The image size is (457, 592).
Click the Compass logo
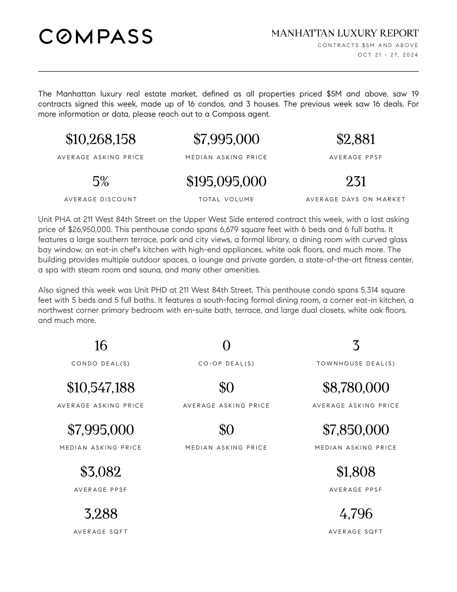(x=96, y=36)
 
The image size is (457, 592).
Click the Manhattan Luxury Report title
(x=345, y=33)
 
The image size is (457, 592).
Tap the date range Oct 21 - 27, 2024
(x=388, y=55)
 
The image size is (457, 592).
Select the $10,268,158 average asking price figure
(x=101, y=139)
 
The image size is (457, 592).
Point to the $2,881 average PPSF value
(x=356, y=139)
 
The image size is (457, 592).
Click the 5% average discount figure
(x=101, y=181)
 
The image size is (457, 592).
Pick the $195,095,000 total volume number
(x=226, y=181)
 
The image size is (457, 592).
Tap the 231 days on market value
(x=356, y=181)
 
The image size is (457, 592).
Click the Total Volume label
(x=226, y=199)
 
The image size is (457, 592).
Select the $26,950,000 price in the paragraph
(x=89, y=230)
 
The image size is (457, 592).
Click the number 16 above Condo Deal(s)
(x=101, y=346)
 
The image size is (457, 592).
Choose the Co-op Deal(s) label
(x=226, y=364)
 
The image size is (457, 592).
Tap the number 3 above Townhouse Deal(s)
(x=356, y=346)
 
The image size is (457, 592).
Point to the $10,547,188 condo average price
(x=101, y=387)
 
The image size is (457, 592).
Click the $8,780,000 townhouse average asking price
(x=356, y=387)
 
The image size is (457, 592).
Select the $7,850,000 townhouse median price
(x=356, y=430)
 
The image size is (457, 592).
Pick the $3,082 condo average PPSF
(x=101, y=472)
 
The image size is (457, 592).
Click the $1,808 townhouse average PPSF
(x=356, y=472)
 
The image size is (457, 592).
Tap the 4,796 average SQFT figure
(x=356, y=514)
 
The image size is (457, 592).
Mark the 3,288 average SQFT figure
(x=101, y=514)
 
